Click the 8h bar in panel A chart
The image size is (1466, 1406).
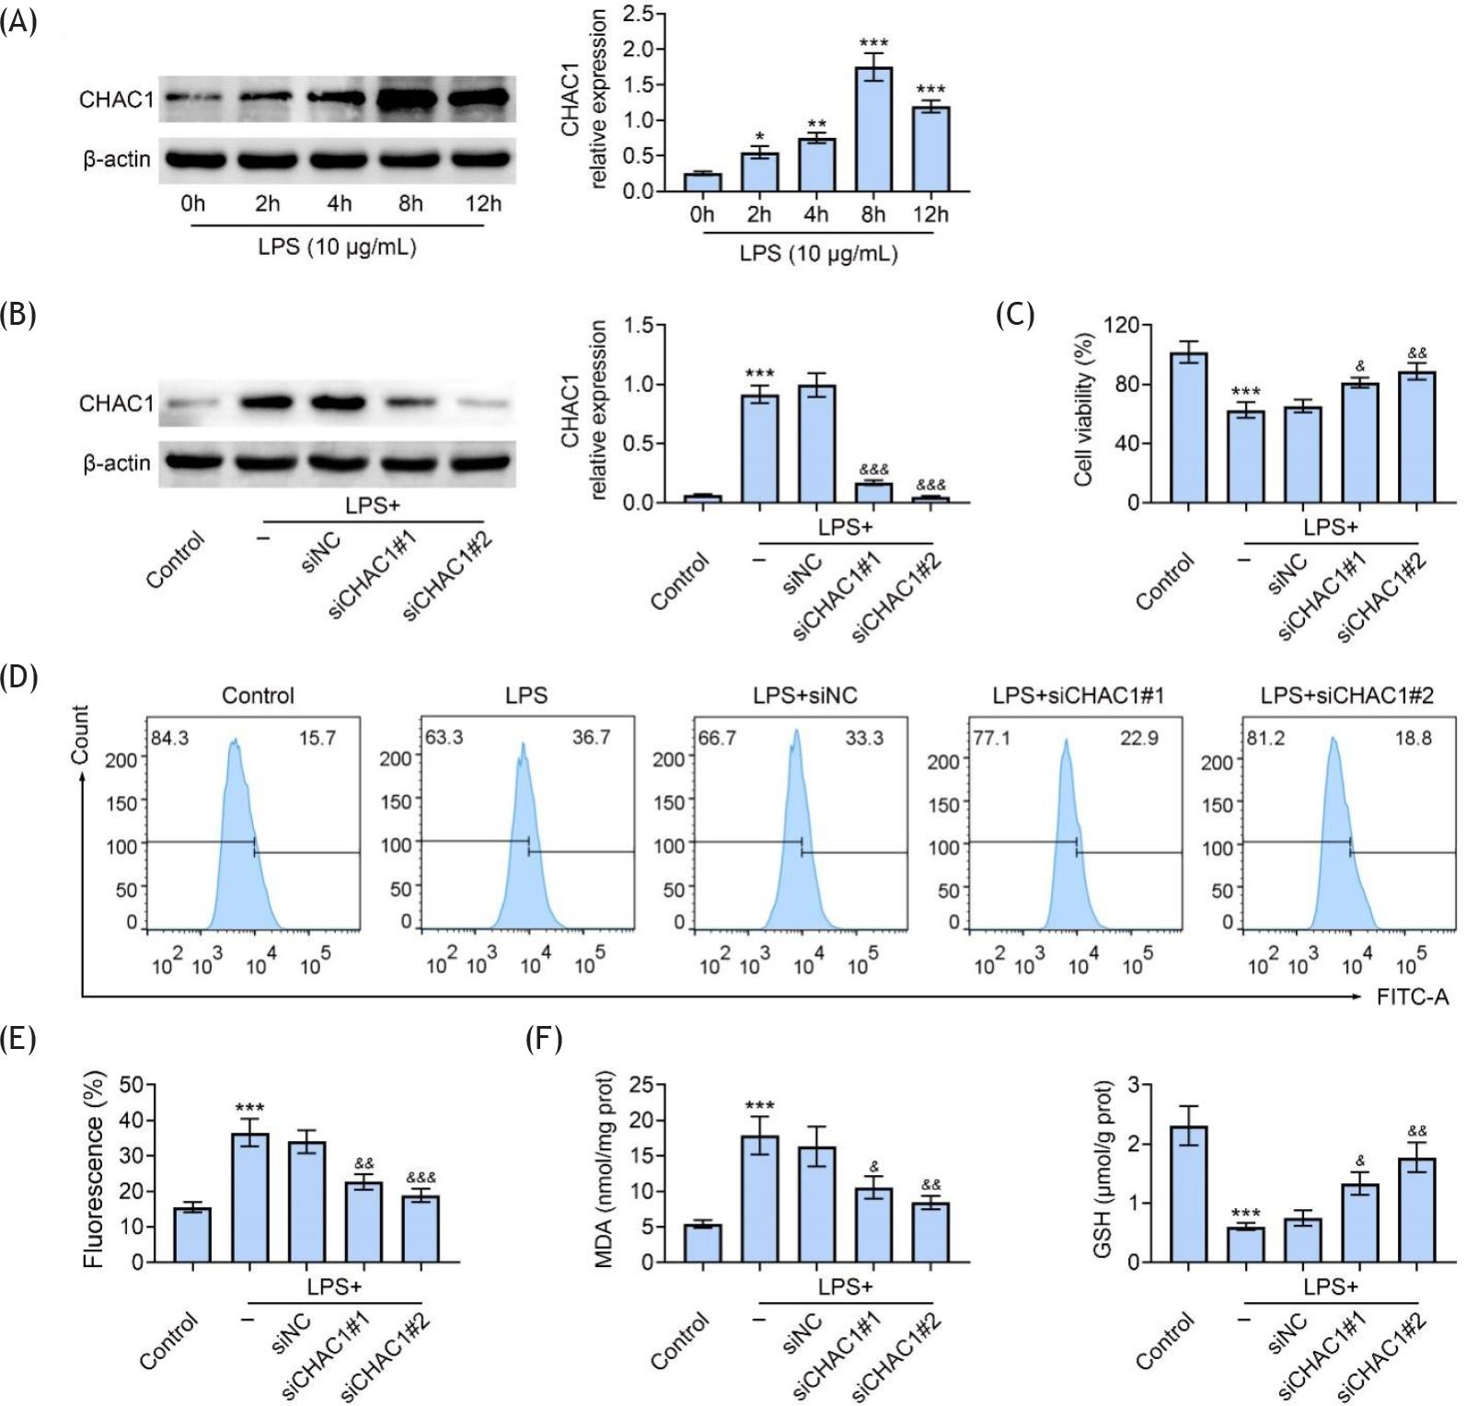click(873, 129)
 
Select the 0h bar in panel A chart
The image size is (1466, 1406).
click(702, 182)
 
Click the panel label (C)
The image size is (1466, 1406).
click(1015, 315)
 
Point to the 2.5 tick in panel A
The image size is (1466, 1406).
click(638, 14)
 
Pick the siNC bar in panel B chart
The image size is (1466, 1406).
click(816, 444)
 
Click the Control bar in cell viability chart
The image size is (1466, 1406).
click(1189, 427)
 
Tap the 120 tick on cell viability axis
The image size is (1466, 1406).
click(1121, 326)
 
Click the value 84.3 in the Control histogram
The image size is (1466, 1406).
click(169, 738)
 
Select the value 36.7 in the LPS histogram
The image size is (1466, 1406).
click(590, 738)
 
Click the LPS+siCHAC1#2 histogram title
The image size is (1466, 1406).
click(1347, 696)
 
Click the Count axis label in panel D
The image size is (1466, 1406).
click(80, 735)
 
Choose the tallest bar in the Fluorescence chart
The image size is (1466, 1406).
click(249, 1197)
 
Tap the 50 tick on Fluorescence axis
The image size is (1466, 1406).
click(132, 1085)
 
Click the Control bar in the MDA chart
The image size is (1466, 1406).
click(702, 1243)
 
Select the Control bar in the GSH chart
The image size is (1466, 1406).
click(1189, 1194)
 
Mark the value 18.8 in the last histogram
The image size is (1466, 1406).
click(1413, 738)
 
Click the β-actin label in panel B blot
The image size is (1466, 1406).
click(117, 463)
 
